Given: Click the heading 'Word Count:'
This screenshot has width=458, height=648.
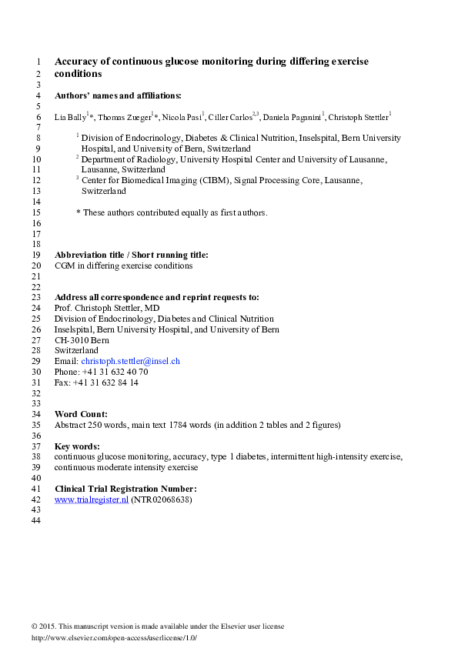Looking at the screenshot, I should coord(81,414).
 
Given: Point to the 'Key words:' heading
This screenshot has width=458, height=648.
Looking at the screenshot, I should coord(77,446).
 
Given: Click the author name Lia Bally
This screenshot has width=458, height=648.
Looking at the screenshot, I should coord(72,117).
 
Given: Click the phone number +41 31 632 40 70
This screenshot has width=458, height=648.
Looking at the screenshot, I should coord(116,372).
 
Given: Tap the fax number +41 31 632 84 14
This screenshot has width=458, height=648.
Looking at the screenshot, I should coord(106,382).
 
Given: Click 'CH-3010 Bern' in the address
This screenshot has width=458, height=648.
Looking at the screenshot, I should coord(82,339).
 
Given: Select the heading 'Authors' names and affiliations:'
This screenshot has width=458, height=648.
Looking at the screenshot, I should coord(119,95).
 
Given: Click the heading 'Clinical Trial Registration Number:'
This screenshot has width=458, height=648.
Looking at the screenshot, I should coord(126,488).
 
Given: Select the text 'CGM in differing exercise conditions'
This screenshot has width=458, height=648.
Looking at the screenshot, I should coord(123,266).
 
